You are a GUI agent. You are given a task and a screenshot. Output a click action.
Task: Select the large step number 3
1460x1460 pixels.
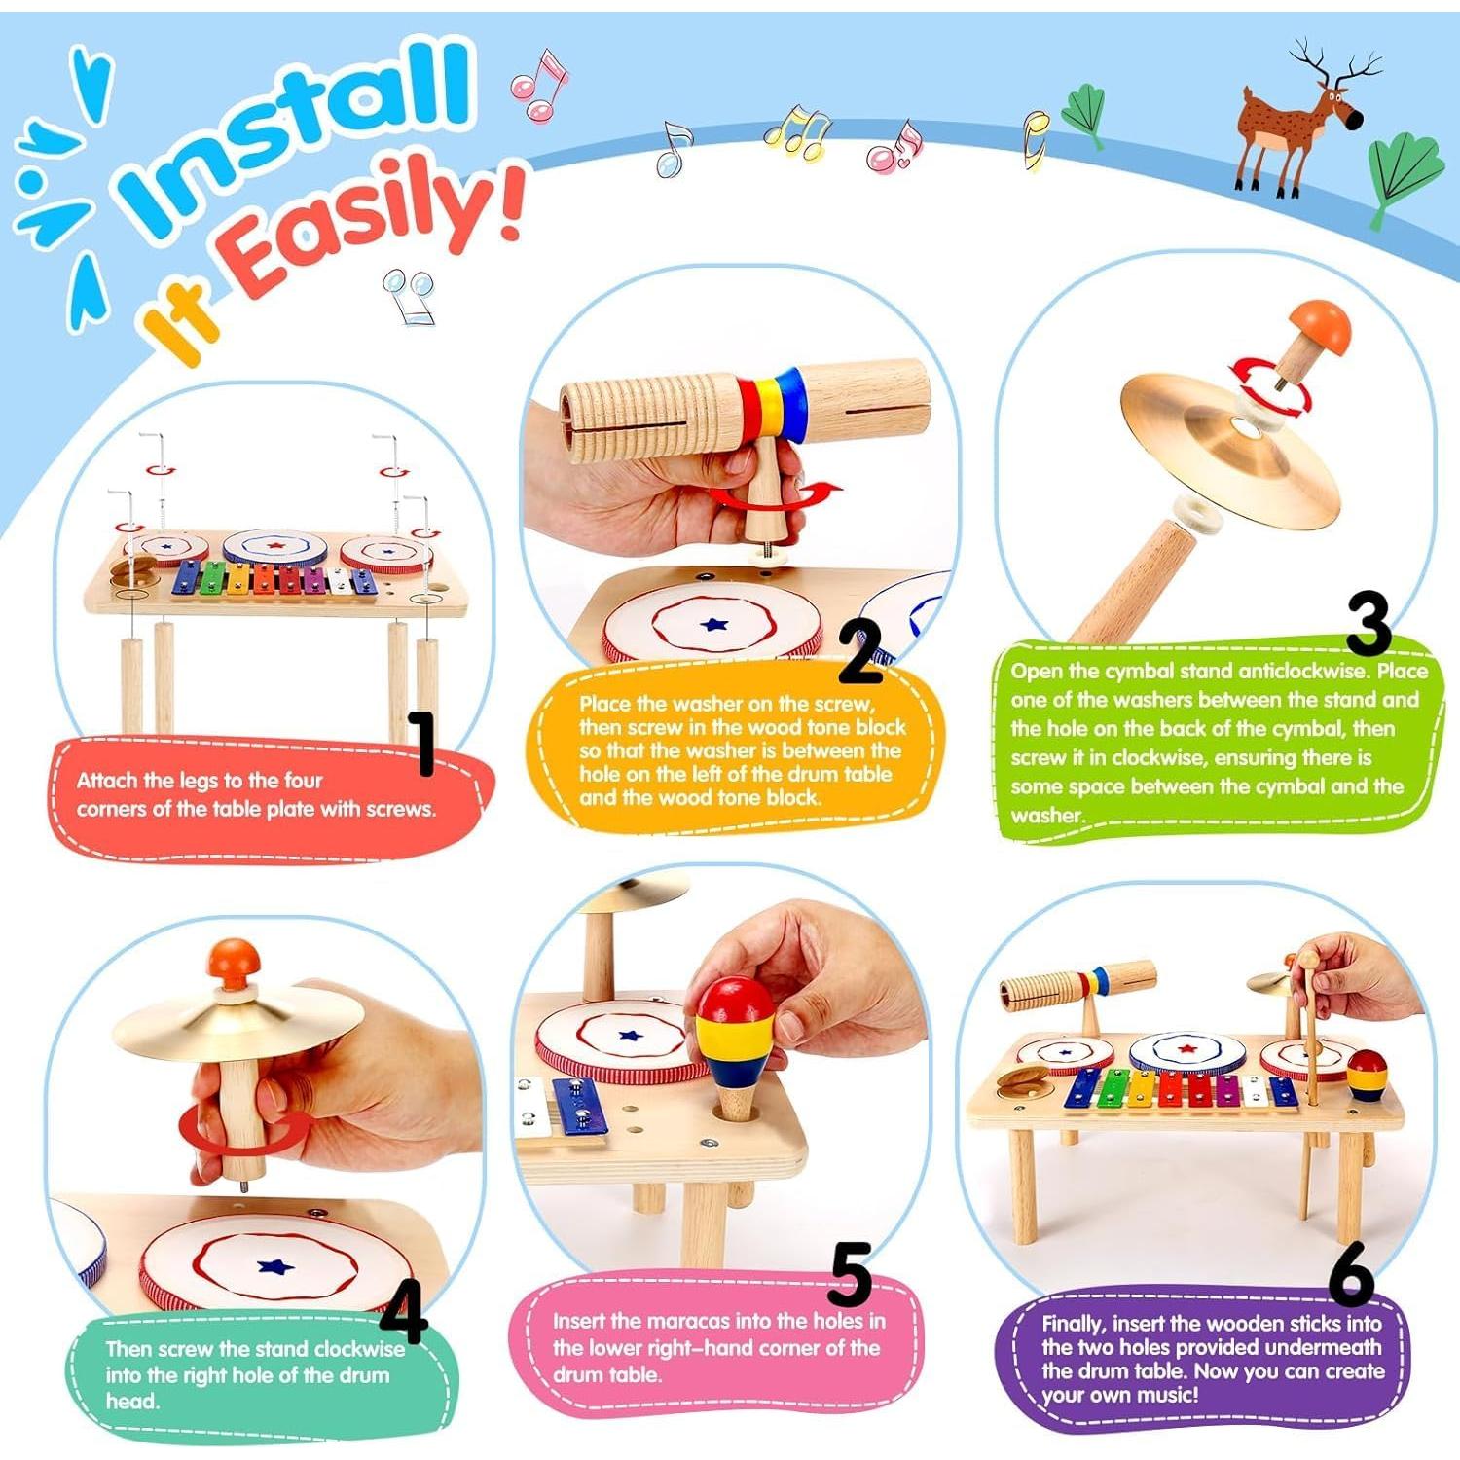[1369, 623]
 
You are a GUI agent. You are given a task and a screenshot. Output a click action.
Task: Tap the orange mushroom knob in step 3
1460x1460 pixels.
[1320, 329]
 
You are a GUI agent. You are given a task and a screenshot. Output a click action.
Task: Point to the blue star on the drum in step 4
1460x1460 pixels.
[275, 1266]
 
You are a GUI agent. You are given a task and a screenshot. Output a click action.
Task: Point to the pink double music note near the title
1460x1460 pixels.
[538, 85]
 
